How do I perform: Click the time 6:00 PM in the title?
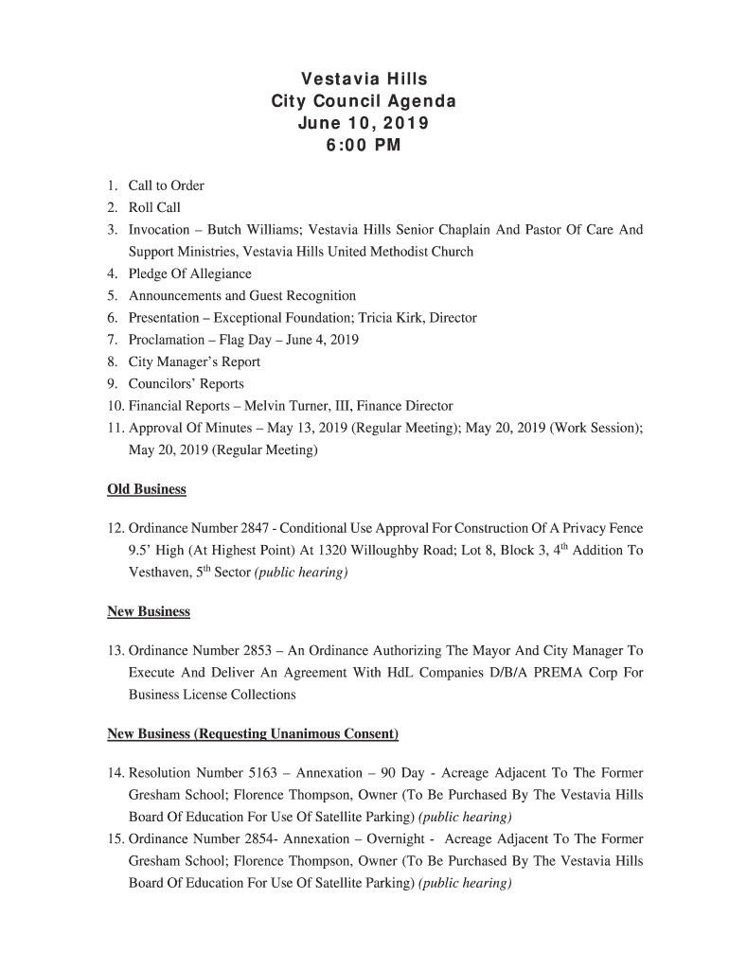(x=364, y=146)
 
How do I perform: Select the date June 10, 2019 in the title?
(x=364, y=123)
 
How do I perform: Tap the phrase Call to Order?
(x=167, y=185)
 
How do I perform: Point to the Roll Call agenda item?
(x=154, y=207)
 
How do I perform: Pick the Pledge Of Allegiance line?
(x=190, y=274)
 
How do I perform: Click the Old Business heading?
(x=147, y=489)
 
